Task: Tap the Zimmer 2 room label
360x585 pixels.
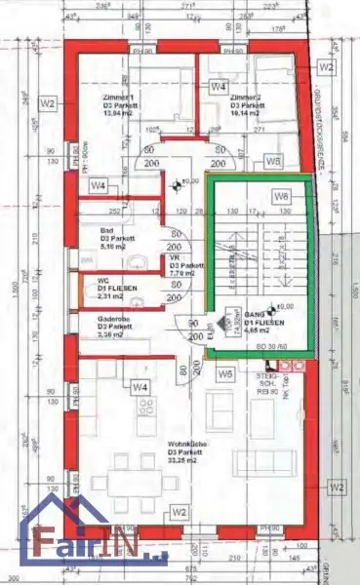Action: pyautogui.click(x=244, y=98)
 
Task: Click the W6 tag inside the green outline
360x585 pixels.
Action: pyautogui.click(x=282, y=197)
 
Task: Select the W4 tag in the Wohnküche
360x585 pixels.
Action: pyautogui.click(x=140, y=388)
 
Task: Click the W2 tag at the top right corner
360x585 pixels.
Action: pyautogui.click(x=327, y=67)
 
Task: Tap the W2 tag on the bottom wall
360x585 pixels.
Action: pyautogui.click(x=179, y=511)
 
